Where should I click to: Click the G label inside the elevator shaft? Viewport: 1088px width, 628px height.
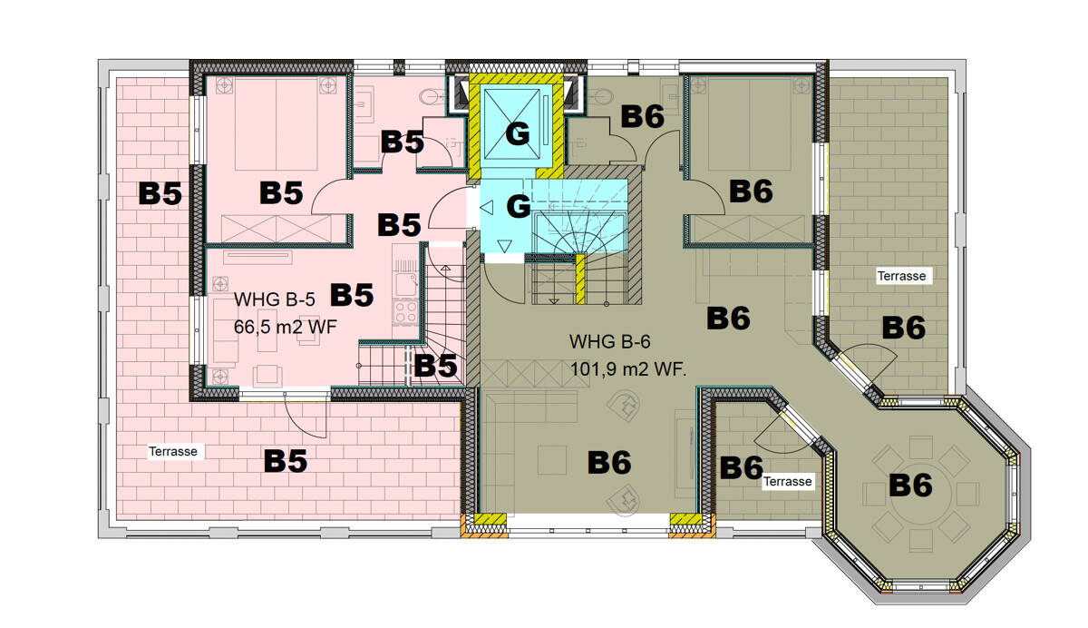[x=517, y=135]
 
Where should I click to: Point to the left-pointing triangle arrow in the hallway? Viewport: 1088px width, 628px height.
[x=487, y=208]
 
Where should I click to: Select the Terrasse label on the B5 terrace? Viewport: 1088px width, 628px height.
[x=173, y=451]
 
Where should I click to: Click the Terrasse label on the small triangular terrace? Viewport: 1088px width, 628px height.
[x=787, y=482]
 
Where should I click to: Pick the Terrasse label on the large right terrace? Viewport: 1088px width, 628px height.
[x=901, y=276]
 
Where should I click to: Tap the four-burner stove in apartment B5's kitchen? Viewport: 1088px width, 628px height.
[x=404, y=313]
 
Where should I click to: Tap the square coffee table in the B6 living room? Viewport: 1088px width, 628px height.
[x=552, y=460]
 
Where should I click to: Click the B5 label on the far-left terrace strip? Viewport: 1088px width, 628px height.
[x=160, y=194]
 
